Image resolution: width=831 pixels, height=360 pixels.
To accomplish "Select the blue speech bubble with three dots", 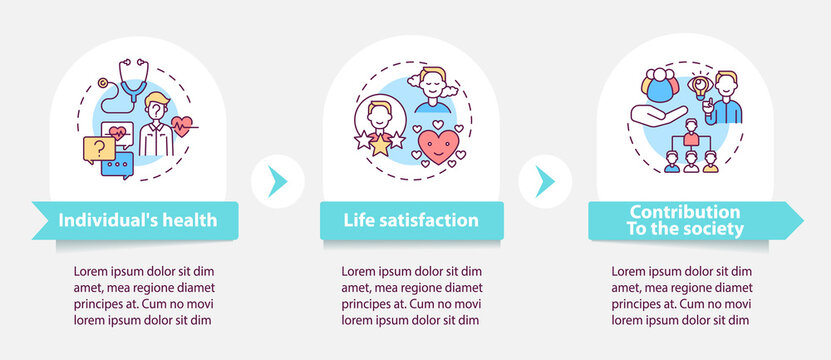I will pos(118,165).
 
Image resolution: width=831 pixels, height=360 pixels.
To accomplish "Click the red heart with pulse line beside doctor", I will pos(182,126).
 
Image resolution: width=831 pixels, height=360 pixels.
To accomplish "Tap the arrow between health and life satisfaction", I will pos(277,180).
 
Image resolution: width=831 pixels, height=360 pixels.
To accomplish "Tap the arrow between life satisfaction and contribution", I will pos(545,180).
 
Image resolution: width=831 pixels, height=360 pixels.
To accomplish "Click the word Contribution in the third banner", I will pos(685,212).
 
